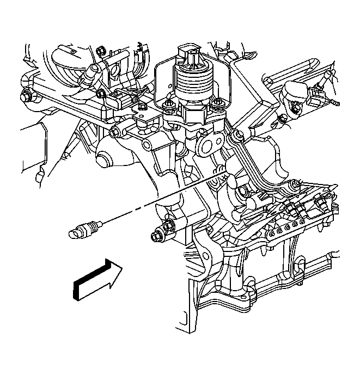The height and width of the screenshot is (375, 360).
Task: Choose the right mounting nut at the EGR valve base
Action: click(219, 103)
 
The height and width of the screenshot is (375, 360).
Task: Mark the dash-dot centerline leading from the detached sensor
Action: click(136, 210)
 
